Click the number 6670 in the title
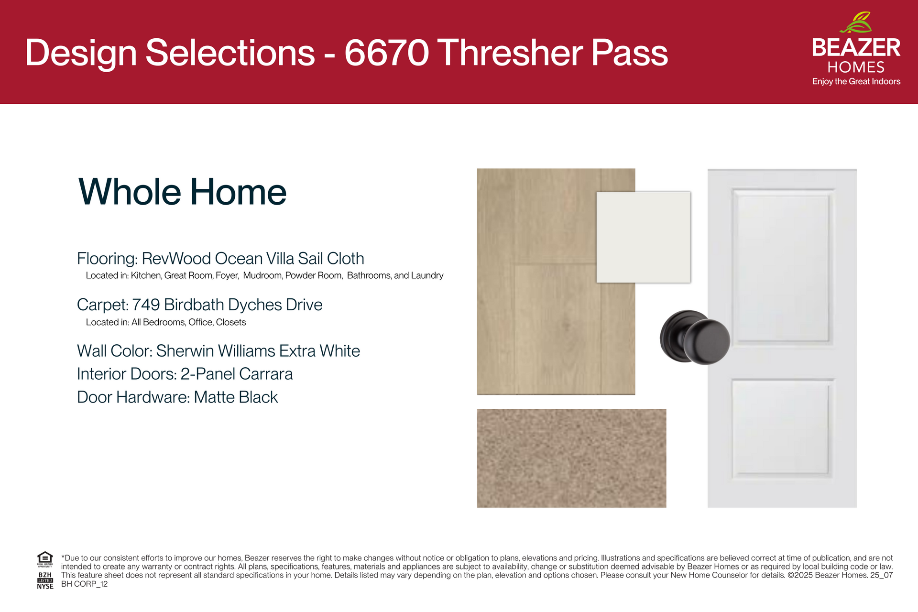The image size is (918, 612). click(x=387, y=53)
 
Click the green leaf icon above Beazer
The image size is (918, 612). click(x=855, y=22)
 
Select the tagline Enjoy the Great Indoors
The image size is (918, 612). click(x=856, y=81)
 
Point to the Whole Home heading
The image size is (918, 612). click(x=182, y=192)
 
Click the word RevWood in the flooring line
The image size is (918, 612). click(x=176, y=258)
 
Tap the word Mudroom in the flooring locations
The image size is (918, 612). click(x=262, y=275)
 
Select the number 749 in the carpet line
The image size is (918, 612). click(x=146, y=305)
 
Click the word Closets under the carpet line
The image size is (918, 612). click(x=231, y=322)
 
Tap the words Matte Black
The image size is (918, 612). click(x=236, y=397)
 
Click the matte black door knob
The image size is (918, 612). click(x=695, y=337)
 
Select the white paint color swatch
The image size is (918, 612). click(x=644, y=237)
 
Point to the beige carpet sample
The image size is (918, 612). click(x=571, y=458)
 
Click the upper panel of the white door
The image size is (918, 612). click(x=782, y=267)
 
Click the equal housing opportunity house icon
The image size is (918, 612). click(x=45, y=558)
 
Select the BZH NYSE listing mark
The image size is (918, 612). click(x=45, y=580)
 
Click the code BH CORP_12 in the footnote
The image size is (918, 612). click(x=85, y=584)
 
